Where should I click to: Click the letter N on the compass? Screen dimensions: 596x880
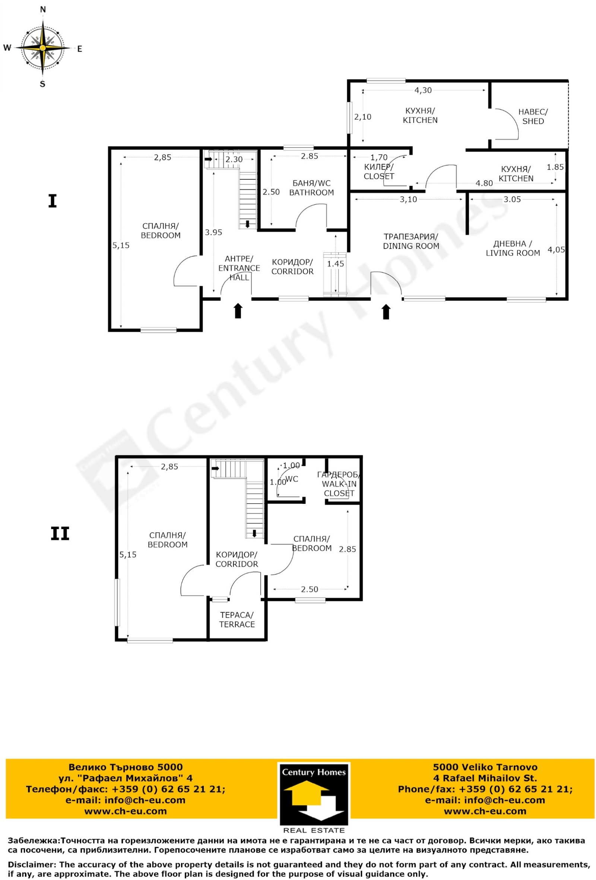pyautogui.click(x=43, y=10)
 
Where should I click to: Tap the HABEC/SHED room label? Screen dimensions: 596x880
pyautogui.click(x=533, y=116)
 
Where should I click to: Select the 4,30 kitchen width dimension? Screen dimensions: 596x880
pyautogui.click(x=423, y=90)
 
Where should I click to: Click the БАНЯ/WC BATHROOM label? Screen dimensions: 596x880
pyautogui.click(x=311, y=188)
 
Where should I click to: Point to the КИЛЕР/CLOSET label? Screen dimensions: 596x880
pyautogui.click(x=379, y=172)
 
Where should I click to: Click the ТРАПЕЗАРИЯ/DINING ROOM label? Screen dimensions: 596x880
pyautogui.click(x=411, y=241)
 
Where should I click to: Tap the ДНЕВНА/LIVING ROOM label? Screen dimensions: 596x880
pyautogui.click(x=513, y=249)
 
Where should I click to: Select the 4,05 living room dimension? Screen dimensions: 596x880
pyautogui.click(x=556, y=250)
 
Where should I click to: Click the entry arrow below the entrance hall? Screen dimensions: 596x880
pyautogui.click(x=238, y=310)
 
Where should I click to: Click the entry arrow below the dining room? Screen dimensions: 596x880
pyautogui.click(x=386, y=312)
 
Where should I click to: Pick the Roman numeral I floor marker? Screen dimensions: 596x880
pyautogui.click(x=52, y=201)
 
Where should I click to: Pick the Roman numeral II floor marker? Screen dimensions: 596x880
pyautogui.click(x=60, y=534)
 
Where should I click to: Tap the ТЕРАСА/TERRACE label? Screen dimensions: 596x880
pyautogui.click(x=237, y=620)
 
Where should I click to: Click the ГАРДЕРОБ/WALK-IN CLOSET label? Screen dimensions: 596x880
pyautogui.click(x=339, y=484)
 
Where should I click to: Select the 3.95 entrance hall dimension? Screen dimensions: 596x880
pyautogui.click(x=213, y=233)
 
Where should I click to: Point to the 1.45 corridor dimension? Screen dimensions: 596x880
pyautogui.click(x=336, y=263)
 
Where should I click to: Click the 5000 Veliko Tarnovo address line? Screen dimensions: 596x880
pyautogui.click(x=485, y=767)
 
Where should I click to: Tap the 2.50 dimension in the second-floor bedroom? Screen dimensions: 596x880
pyautogui.click(x=310, y=589)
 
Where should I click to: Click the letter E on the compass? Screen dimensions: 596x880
pyautogui.click(x=80, y=48)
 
